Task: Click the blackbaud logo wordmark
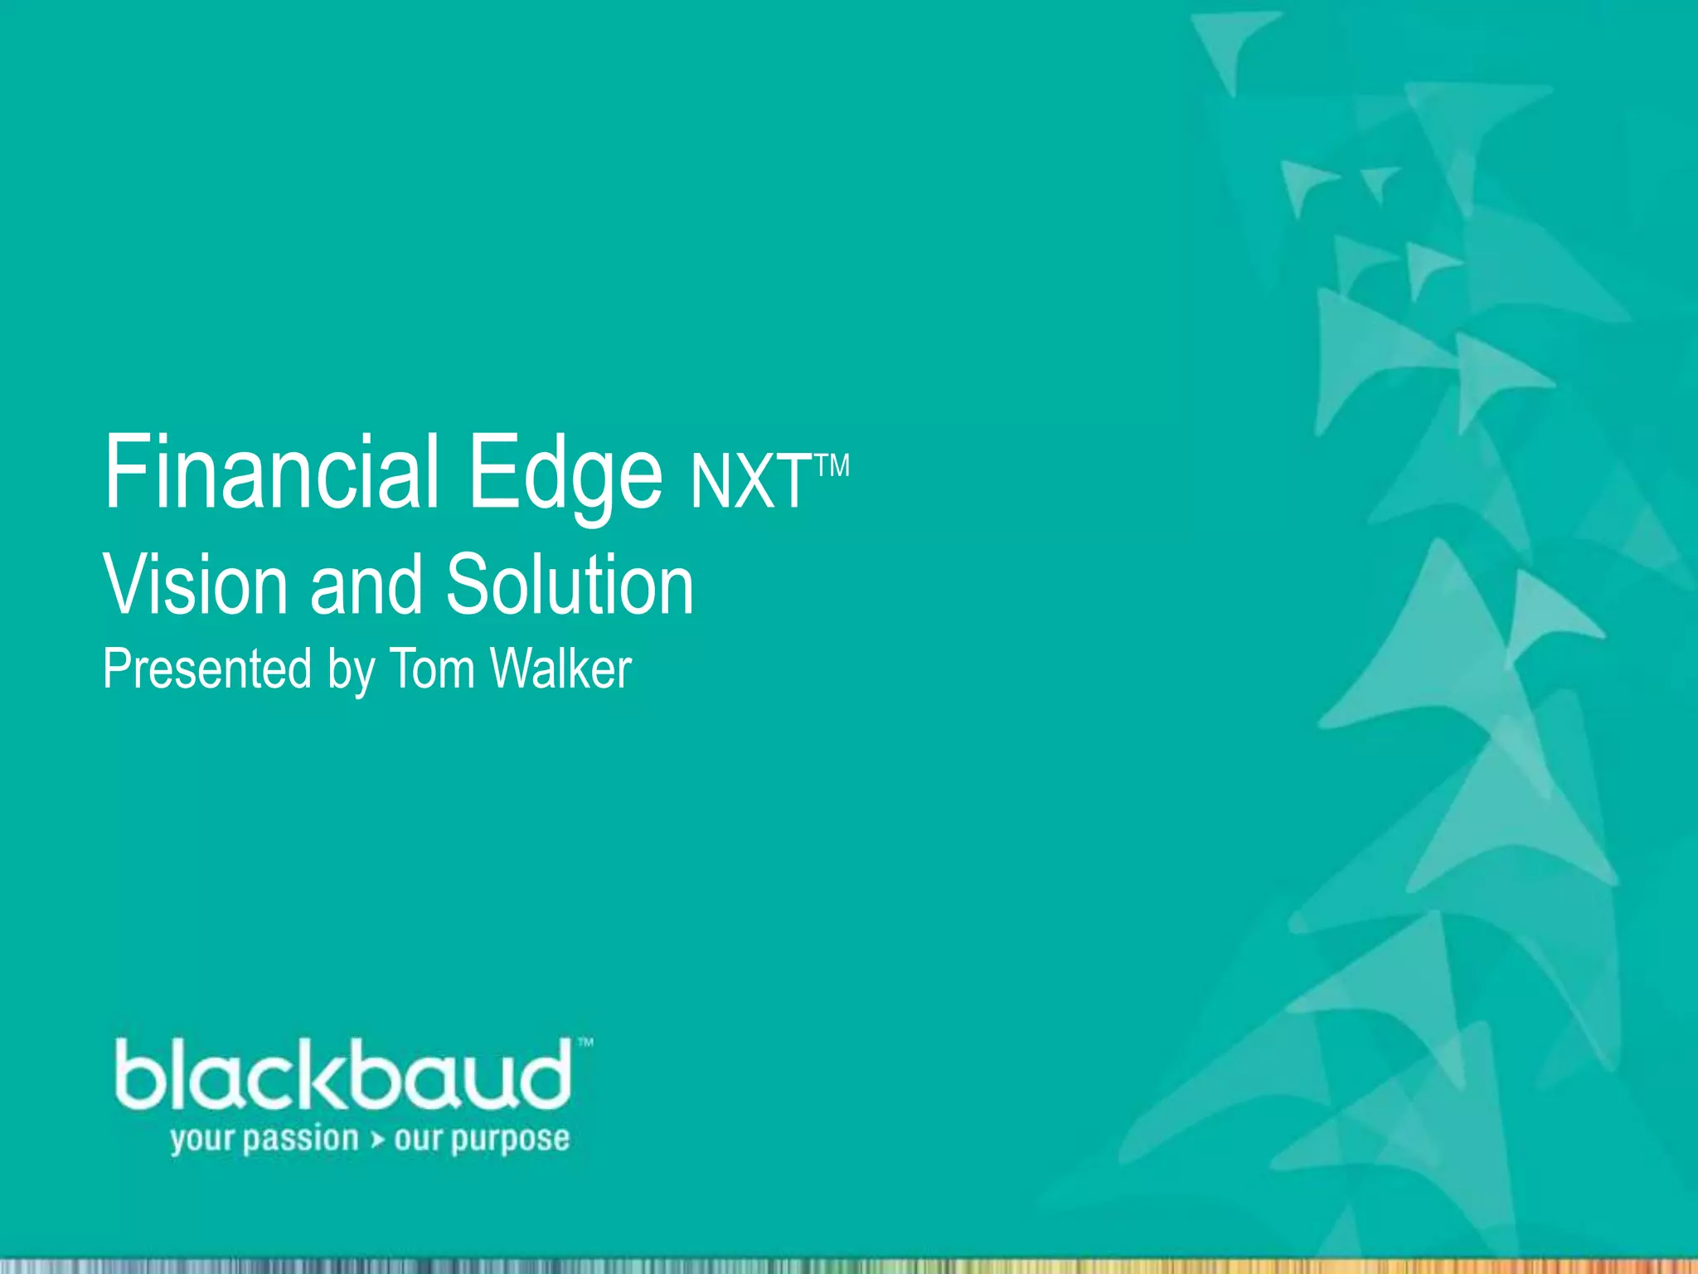click(x=343, y=1075)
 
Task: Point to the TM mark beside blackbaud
click(x=585, y=1042)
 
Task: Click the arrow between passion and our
click(x=377, y=1140)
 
